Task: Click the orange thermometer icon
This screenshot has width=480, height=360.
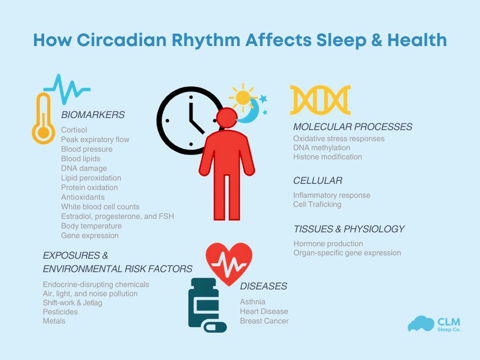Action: click(x=43, y=120)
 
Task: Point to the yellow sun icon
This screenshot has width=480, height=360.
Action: click(x=243, y=97)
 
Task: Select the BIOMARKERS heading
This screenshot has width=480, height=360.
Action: click(x=93, y=115)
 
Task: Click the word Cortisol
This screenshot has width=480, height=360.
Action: click(x=74, y=130)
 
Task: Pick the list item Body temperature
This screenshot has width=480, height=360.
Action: click(x=91, y=226)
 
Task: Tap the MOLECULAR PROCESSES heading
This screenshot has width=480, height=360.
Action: click(x=353, y=127)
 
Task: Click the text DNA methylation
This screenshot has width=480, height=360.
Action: click(x=322, y=148)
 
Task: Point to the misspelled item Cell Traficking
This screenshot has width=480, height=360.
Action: click(x=317, y=204)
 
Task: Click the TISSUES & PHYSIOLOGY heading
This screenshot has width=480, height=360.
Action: click(x=349, y=229)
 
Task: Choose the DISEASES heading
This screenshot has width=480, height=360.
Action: click(x=264, y=286)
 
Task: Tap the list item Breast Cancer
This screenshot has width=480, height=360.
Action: click(x=264, y=321)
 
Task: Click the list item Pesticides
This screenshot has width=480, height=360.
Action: click(x=60, y=312)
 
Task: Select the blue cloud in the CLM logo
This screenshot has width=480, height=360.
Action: click(x=420, y=324)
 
